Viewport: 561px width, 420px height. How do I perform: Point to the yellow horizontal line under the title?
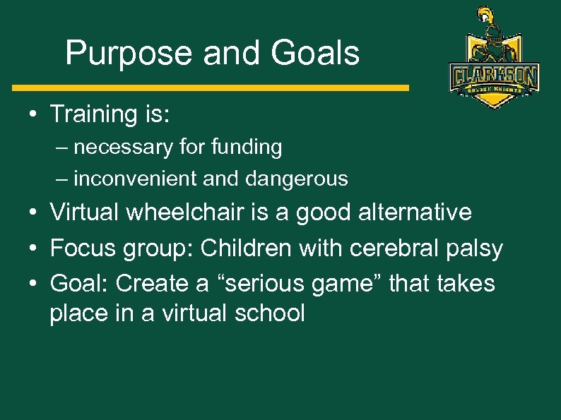(x=211, y=88)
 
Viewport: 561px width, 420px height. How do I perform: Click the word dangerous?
(x=297, y=179)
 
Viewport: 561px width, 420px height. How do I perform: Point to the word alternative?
(x=415, y=212)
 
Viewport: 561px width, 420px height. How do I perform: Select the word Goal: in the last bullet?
(x=79, y=284)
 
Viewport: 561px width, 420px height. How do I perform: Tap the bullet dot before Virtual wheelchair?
(x=34, y=212)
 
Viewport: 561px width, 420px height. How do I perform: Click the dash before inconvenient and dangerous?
(x=64, y=179)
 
